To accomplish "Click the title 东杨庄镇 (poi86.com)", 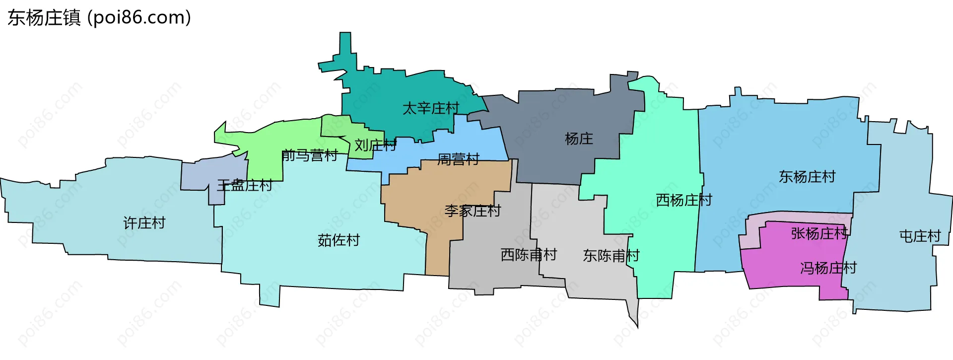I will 99,18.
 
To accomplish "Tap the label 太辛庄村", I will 430,108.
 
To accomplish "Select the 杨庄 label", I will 579,139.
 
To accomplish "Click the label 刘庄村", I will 375,145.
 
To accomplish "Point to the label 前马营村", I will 309,155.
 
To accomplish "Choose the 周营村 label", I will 458,159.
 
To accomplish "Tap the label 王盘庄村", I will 244,186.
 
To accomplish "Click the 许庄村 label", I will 144,223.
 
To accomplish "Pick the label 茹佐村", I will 339,240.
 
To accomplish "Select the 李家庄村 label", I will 473,211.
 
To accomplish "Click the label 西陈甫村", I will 529,255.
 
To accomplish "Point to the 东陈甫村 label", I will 611,256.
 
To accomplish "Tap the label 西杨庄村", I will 684,200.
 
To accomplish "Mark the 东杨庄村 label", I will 807,177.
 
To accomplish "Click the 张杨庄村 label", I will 819,233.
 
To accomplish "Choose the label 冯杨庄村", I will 828,268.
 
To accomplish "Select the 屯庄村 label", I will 920,236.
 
